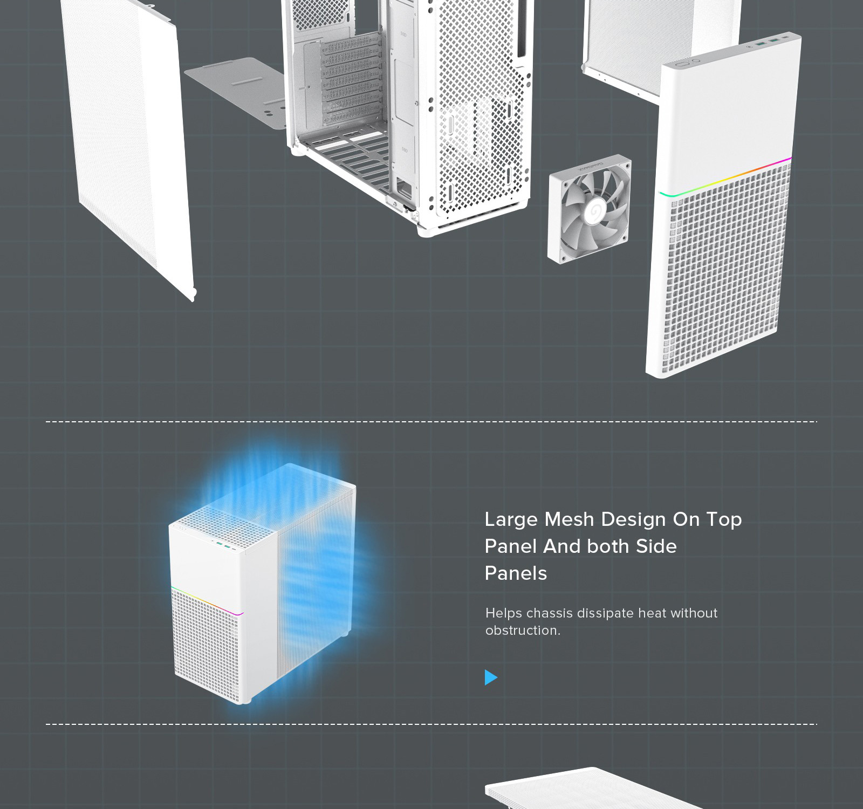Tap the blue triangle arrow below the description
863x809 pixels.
pos(491,677)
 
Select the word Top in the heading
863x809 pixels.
pos(724,520)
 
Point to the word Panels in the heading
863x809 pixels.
pos(516,573)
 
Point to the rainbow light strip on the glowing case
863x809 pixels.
pos(207,600)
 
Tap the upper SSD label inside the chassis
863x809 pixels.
pos(403,34)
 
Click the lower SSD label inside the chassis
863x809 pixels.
pos(405,150)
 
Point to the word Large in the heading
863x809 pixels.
pos(511,520)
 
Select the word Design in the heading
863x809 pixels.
pos(633,520)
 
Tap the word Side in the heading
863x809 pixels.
pos(656,546)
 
